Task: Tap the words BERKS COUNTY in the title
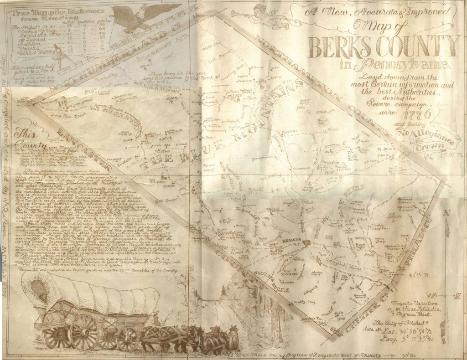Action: click(383, 47)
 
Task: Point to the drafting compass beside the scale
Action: click(58, 54)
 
